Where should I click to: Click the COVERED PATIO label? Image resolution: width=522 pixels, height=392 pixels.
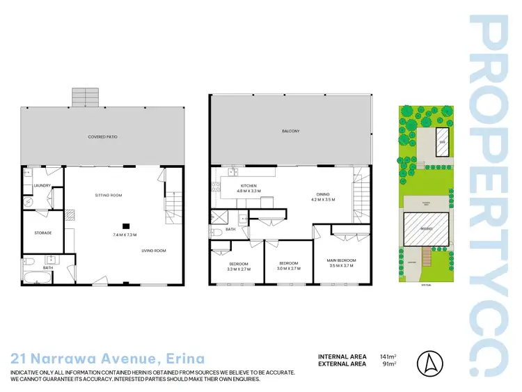pos(102,137)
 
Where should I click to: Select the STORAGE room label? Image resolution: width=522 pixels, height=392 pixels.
pos(43,233)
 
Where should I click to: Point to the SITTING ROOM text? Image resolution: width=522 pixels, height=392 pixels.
pos(109,195)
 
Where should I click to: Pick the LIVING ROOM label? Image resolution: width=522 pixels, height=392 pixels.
pos(154,250)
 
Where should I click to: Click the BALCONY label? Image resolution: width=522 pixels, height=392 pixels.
pos(290,131)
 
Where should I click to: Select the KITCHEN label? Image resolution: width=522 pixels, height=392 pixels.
pos(248,186)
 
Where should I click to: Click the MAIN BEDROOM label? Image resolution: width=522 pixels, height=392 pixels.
pos(342,261)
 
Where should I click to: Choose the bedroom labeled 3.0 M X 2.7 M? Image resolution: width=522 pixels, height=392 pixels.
pos(288,265)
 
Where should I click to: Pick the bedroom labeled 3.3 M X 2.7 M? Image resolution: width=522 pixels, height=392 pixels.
pos(239,265)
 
